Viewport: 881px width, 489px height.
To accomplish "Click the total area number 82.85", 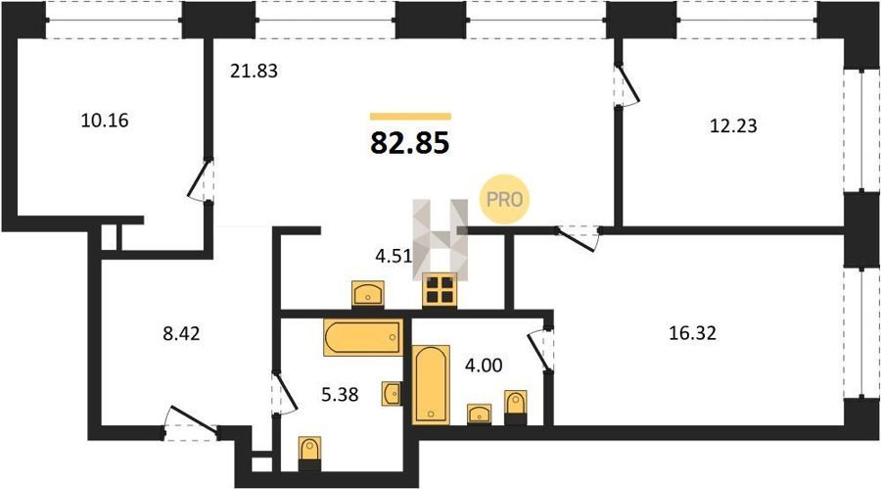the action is click(409, 143).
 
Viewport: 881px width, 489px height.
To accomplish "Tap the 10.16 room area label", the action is click(105, 121).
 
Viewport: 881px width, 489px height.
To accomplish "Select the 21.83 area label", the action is click(254, 72).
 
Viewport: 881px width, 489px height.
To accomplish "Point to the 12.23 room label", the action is click(733, 125).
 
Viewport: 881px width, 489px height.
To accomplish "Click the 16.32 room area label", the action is click(693, 333).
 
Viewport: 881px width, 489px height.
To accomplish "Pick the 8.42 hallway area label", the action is click(181, 334).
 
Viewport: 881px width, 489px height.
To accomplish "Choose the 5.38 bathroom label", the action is click(340, 395).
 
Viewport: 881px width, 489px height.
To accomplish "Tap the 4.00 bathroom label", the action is click(484, 366).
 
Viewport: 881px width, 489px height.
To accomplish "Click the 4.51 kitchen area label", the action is click(394, 256).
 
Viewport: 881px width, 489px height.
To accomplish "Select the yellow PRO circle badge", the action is click(504, 199).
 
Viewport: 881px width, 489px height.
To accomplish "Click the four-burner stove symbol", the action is click(439, 290).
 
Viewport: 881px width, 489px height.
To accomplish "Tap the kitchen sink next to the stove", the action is click(367, 294).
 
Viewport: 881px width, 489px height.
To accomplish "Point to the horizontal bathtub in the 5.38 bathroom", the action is click(363, 337).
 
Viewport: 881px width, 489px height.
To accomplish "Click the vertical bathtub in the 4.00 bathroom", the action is click(431, 384).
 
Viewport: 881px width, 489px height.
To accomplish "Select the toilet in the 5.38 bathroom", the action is click(309, 453).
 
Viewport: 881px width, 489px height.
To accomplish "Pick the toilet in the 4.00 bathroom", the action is click(515, 408).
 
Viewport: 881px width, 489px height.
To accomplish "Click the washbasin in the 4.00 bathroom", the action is click(480, 414).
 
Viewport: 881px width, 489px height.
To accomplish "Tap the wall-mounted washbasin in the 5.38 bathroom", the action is click(393, 393).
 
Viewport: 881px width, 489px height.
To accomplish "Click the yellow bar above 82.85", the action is click(410, 117).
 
